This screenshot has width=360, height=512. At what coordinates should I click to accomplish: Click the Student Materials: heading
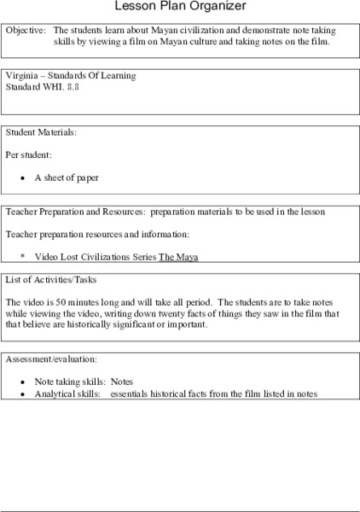coord(41,133)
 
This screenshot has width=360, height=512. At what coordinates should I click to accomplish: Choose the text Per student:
coord(28,156)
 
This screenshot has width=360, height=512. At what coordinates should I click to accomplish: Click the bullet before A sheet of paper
coord(25,179)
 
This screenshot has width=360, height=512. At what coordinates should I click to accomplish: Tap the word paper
coord(87,179)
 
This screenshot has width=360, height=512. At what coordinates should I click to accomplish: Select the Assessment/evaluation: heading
coord(50,360)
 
